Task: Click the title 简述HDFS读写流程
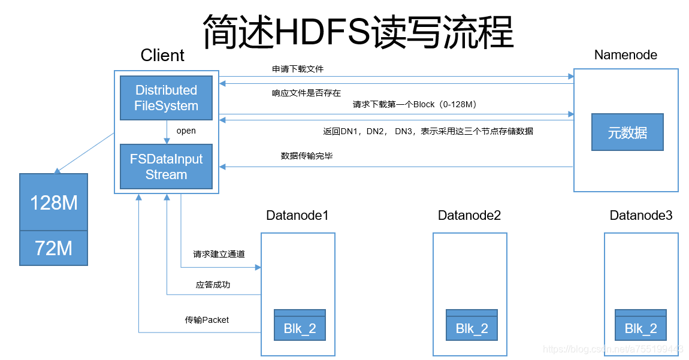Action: click(358, 31)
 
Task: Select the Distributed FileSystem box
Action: click(166, 98)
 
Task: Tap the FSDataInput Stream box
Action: click(166, 167)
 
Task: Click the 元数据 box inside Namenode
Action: click(627, 132)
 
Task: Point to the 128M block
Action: click(53, 202)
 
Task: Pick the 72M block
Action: click(53, 248)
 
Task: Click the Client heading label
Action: click(162, 56)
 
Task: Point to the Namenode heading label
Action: click(625, 55)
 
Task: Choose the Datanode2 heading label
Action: click(469, 215)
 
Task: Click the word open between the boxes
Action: click(186, 131)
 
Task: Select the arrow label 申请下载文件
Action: click(298, 69)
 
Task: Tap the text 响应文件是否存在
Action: click(306, 93)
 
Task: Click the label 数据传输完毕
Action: click(307, 156)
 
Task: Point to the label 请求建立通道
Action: click(219, 254)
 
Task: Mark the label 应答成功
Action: click(213, 285)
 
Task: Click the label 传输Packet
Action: click(207, 320)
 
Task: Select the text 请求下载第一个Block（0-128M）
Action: click(414, 104)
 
